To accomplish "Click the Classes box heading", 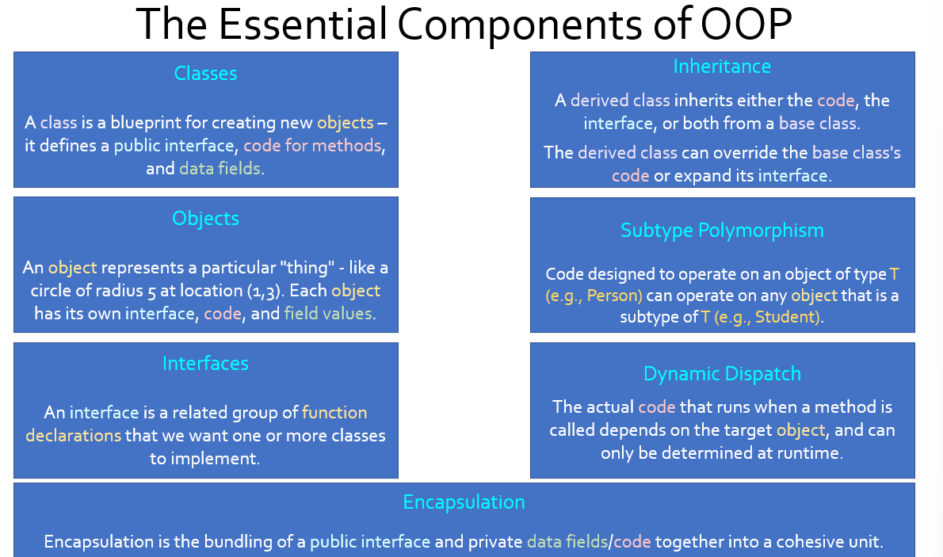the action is tap(206, 74).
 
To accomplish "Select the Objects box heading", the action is tap(206, 219).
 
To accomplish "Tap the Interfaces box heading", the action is tap(206, 364).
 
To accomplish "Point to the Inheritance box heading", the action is tap(722, 67).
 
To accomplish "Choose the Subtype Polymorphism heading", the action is tap(722, 231).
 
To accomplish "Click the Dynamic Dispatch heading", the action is tap(722, 373).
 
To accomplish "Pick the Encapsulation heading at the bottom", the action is tap(464, 502).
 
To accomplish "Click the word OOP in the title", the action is tap(746, 24).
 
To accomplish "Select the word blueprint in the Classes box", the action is tap(146, 123).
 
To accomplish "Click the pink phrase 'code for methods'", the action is tap(312, 146).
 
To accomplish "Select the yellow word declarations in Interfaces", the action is tap(74, 436).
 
